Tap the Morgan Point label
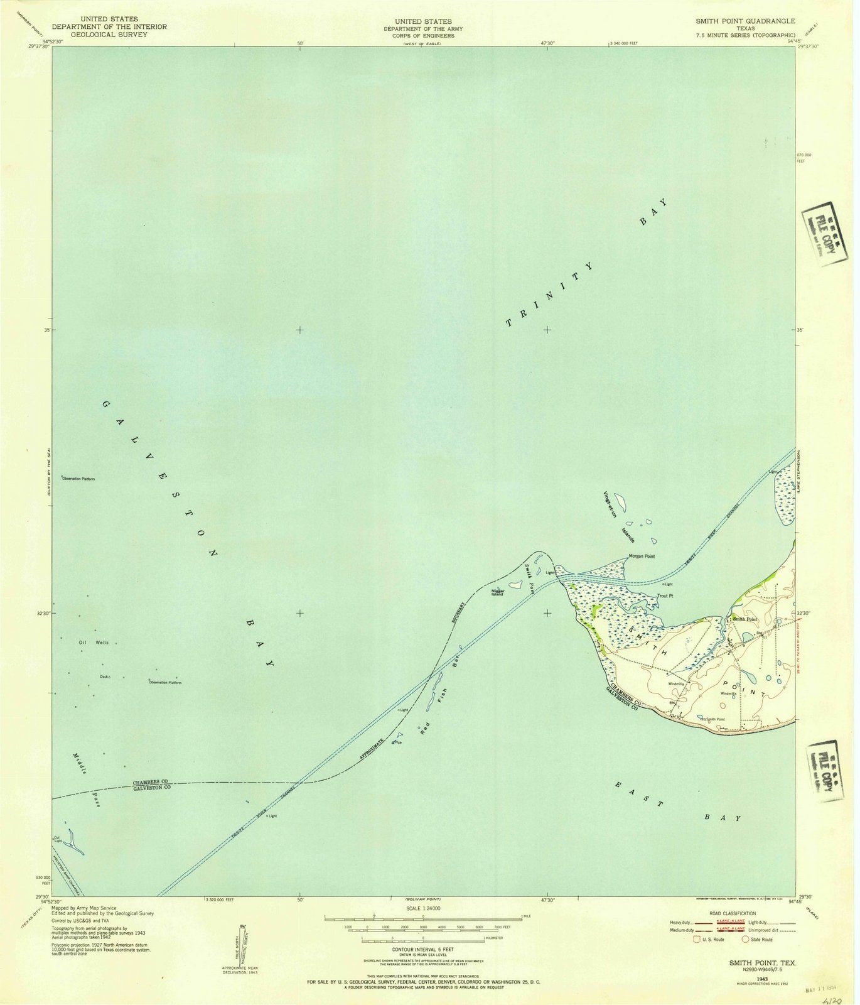point(642,557)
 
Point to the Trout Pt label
point(665,596)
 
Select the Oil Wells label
point(94,643)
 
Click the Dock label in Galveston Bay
point(104,676)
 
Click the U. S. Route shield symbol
point(696,940)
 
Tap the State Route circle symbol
point(745,940)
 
